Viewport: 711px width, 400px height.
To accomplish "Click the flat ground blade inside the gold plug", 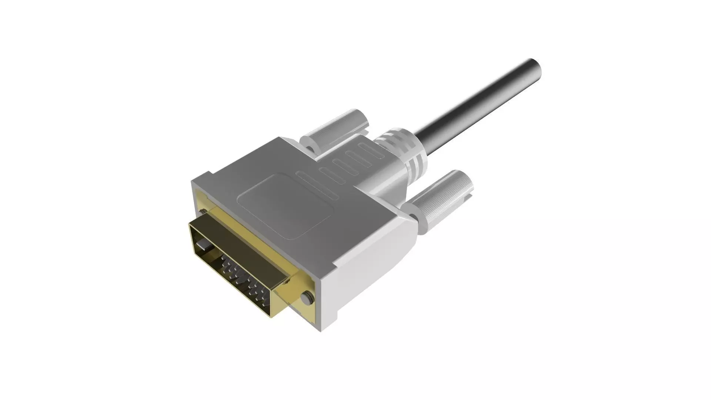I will point(203,246).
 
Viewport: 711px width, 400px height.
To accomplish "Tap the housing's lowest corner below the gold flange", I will point(320,328).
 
